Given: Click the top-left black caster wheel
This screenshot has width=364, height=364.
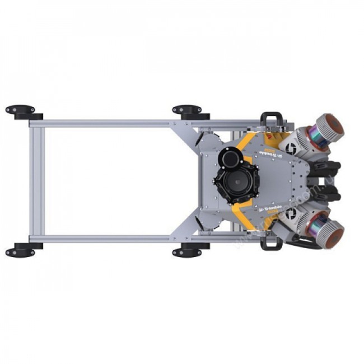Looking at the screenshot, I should [20, 109].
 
